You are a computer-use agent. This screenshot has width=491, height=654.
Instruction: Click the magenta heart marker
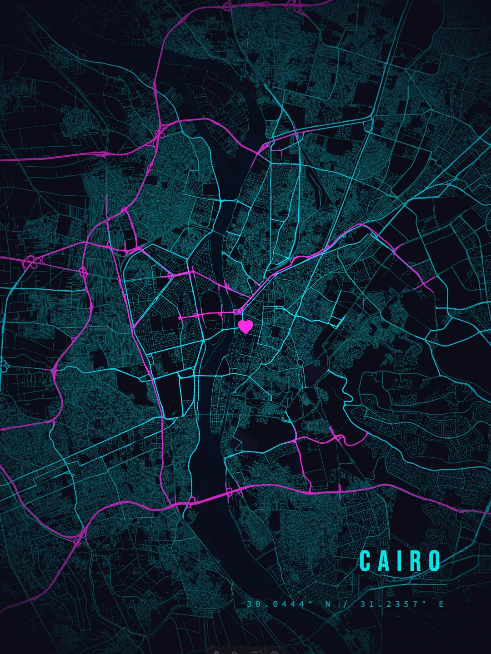click(245, 326)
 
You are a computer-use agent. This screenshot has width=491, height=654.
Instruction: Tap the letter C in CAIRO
click(366, 561)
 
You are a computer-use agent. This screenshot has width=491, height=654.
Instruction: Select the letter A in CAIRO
click(384, 561)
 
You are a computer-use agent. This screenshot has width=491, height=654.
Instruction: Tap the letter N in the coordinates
click(328, 604)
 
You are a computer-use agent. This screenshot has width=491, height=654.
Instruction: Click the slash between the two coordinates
click(346, 604)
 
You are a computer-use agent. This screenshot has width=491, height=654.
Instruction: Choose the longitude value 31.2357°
click(391, 604)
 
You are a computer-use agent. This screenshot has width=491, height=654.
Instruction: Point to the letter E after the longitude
click(441, 604)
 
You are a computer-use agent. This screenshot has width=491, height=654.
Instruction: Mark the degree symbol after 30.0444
click(311, 602)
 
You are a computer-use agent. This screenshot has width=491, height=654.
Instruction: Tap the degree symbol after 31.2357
click(425, 602)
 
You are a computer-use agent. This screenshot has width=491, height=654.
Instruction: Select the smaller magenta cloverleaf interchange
click(84, 272)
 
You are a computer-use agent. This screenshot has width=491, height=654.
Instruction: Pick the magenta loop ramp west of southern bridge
click(191, 500)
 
